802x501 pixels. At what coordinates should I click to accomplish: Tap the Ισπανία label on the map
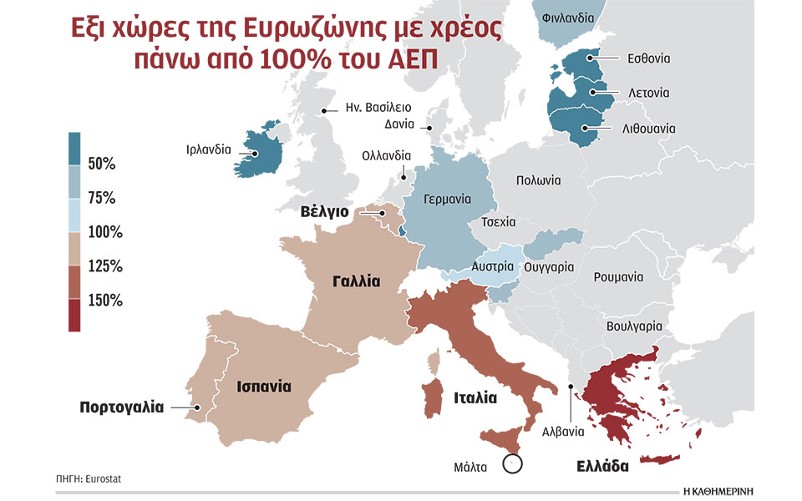[x=263, y=387]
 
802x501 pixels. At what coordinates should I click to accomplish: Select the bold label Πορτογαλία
[x=122, y=408]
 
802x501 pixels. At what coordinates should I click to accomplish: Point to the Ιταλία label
[x=476, y=398]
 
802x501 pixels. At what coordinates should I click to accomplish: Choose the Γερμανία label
[x=448, y=200]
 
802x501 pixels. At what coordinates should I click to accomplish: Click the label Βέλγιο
[x=325, y=212]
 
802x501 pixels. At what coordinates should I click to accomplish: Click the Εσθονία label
[x=649, y=58]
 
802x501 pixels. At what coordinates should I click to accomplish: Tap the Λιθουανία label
[x=648, y=129]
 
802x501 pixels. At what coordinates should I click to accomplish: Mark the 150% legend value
[x=105, y=301]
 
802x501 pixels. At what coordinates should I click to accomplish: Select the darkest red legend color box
[x=74, y=316]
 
